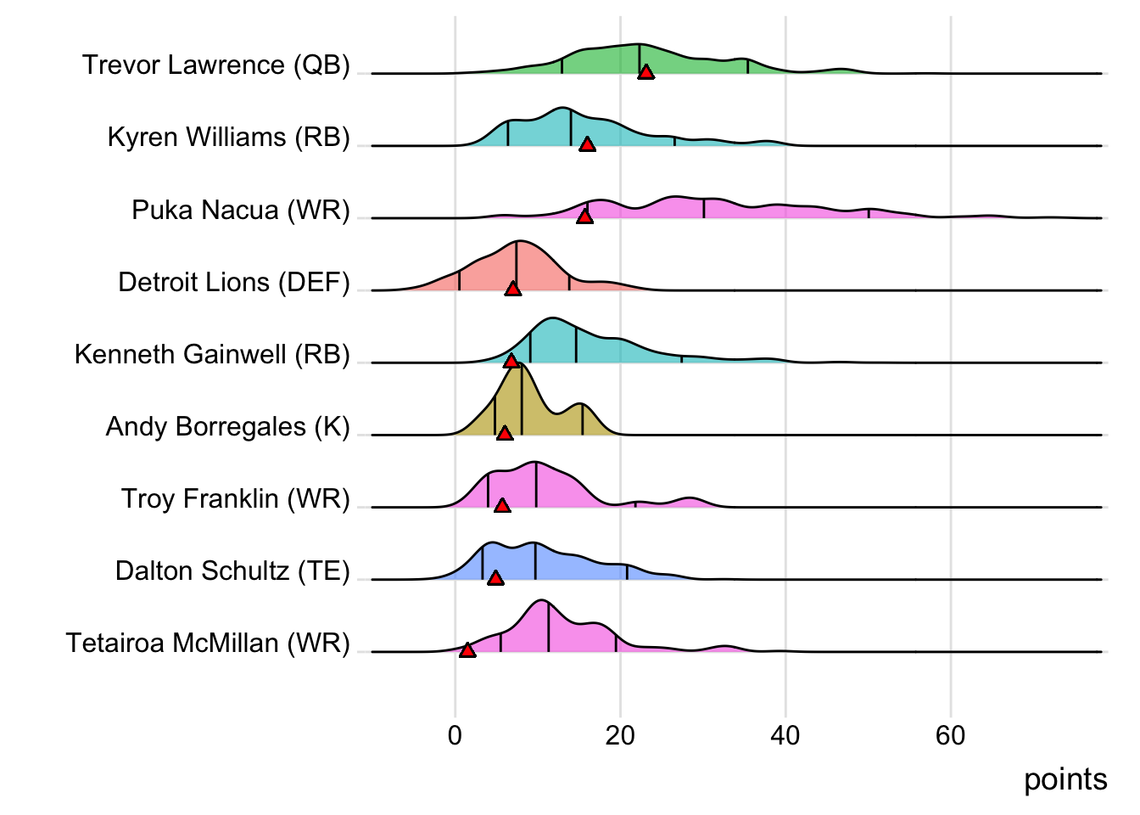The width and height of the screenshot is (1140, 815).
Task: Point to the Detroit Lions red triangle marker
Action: [x=513, y=289]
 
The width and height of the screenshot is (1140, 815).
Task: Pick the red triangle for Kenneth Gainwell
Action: [x=511, y=362]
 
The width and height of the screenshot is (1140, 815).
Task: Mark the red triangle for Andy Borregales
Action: [x=505, y=434]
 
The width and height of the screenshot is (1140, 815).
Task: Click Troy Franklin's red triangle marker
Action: [x=502, y=506]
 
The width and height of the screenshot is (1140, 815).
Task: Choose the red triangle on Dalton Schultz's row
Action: [x=495, y=578]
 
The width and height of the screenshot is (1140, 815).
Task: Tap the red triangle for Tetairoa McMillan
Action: [x=467, y=650]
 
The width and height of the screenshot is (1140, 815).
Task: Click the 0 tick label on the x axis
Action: [x=455, y=735]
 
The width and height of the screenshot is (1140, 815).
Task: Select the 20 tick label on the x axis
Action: [x=620, y=735]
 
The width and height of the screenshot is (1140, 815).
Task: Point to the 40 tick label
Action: [x=785, y=735]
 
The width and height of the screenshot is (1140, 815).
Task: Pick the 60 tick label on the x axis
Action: [x=951, y=735]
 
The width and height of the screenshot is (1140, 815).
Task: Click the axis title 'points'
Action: [x=1065, y=779]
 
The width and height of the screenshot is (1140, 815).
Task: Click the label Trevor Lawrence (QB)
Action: [x=216, y=65]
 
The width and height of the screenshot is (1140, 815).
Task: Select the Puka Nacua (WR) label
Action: [x=241, y=210]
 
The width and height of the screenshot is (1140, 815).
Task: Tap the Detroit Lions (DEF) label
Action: [x=234, y=282]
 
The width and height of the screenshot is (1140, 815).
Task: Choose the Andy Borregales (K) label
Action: [x=228, y=426]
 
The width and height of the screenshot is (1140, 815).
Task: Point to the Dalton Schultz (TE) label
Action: [x=232, y=570]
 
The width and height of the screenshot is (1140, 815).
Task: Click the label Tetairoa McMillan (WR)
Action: [x=208, y=643]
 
